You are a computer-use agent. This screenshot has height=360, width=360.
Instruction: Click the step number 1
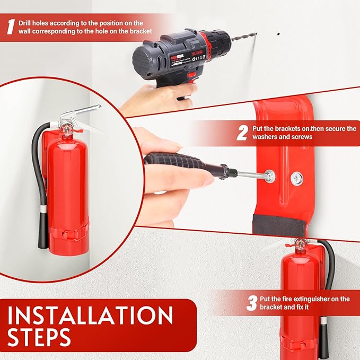pyautogui.click(x=10, y=28)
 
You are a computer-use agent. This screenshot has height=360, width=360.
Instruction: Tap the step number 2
pyautogui.click(x=242, y=132)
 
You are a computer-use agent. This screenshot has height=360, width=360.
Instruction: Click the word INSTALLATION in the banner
pyautogui.click(x=90, y=317)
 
